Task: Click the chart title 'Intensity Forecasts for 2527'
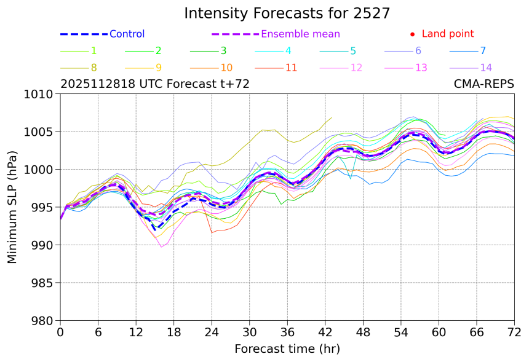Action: (x=287, y=14)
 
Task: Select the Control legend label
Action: (x=127, y=34)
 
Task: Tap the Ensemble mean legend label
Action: (x=300, y=34)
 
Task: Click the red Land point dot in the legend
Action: (x=412, y=34)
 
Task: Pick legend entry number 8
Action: (x=93, y=68)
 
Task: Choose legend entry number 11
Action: (x=291, y=68)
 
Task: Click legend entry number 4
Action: (x=288, y=51)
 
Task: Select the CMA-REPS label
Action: (x=483, y=84)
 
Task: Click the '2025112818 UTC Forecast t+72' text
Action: (x=155, y=84)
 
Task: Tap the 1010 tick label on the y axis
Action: (x=41, y=94)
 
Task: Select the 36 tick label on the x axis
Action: (x=287, y=332)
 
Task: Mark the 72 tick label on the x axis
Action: (x=514, y=332)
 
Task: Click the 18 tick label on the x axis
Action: (x=174, y=332)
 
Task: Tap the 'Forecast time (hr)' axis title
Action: (x=287, y=349)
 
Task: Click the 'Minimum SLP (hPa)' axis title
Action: (x=12, y=207)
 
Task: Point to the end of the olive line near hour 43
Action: (x=332, y=117)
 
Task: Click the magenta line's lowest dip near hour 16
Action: (x=161, y=247)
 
